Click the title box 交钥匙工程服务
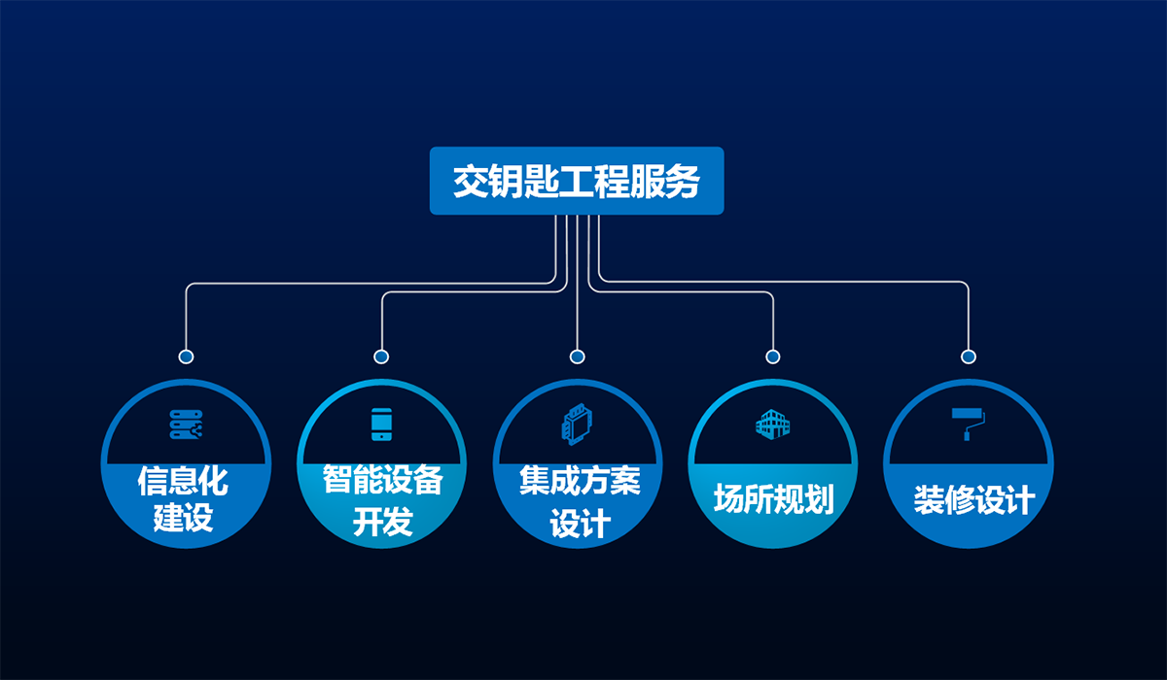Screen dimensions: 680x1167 [x=577, y=181]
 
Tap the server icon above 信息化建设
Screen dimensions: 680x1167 [x=185, y=424]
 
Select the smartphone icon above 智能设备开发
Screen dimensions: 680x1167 [x=381, y=425]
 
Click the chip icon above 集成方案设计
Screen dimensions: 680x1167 [x=577, y=425]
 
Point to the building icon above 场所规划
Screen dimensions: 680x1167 [x=773, y=424]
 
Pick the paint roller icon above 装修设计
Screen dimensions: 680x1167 [x=968, y=424]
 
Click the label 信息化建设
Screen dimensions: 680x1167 [x=185, y=498]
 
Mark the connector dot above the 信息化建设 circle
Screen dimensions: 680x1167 [x=186, y=357]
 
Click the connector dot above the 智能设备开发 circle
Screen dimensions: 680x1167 [x=381, y=357]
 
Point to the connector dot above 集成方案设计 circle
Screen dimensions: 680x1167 [x=577, y=357]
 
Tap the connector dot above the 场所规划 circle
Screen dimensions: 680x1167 [x=773, y=357]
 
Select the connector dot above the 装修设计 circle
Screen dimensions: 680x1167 [x=968, y=357]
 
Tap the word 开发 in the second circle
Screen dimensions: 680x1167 [x=382, y=523]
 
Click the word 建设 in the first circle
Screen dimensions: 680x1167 [x=184, y=518]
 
